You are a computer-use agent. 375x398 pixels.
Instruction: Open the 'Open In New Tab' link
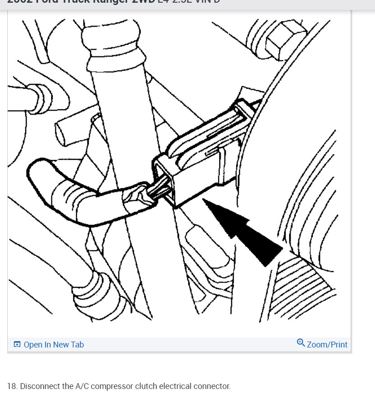[53, 345]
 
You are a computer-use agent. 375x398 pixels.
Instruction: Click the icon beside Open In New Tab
[17, 345]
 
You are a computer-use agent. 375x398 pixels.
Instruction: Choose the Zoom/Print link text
[327, 345]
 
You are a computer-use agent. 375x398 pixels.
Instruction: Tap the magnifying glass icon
[301, 343]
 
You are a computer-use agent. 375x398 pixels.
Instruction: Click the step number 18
[12, 386]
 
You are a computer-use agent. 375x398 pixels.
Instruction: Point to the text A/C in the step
[82, 386]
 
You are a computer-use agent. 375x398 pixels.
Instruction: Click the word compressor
[111, 386]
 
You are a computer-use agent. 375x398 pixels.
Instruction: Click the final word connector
[212, 386]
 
